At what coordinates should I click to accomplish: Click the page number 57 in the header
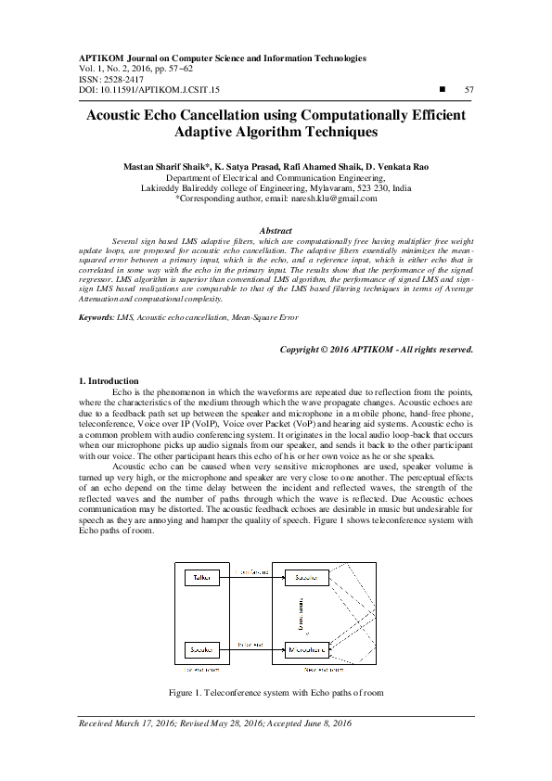pyautogui.click(x=469, y=90)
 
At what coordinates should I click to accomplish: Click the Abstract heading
pyautogui.click(x=276, y=230)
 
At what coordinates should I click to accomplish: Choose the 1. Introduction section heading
pyautogui.click(x=108, y=381)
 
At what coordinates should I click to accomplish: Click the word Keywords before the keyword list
pyautogui.click(x=96, y=318)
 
